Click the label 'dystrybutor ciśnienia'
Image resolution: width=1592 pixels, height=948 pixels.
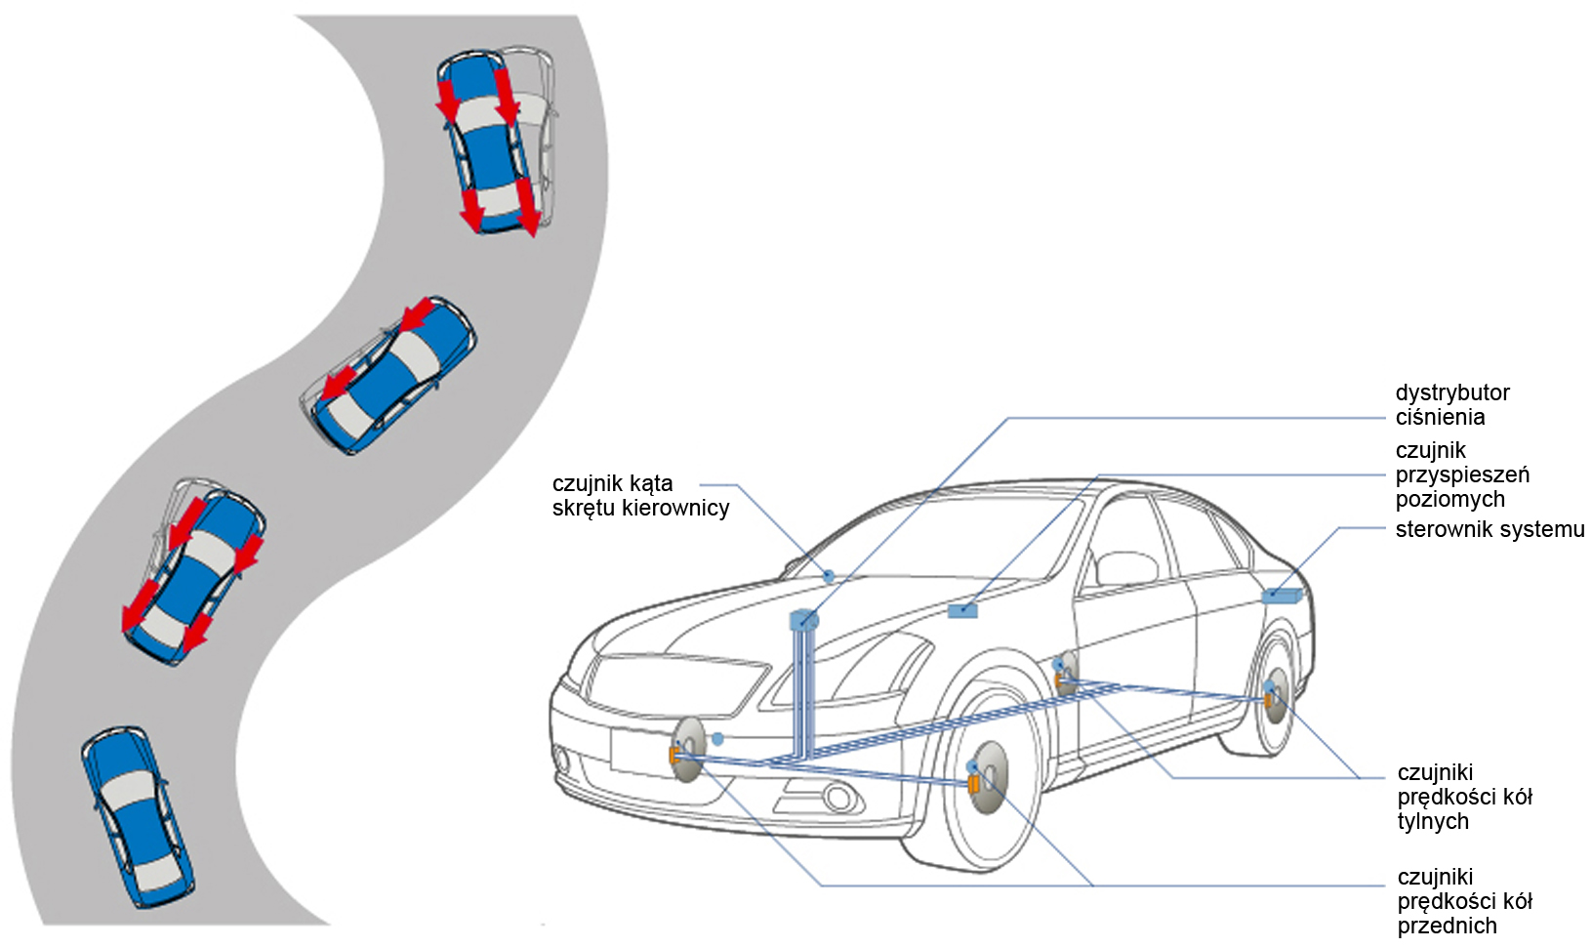1451,405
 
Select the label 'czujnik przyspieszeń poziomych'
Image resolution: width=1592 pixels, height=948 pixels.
1461,474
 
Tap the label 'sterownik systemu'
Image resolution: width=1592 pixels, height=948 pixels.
1489,529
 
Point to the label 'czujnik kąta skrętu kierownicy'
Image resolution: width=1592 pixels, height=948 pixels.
639,495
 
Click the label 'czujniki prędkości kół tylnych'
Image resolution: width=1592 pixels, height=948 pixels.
1463,797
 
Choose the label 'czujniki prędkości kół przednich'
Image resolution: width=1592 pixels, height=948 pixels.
1463,901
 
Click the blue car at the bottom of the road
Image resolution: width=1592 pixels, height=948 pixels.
137,816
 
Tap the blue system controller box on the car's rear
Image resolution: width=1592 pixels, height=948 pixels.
1279,595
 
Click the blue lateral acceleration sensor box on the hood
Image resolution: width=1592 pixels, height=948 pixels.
962,611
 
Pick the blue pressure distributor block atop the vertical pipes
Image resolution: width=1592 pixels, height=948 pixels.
803,619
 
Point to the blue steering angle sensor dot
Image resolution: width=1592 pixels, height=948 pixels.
829,576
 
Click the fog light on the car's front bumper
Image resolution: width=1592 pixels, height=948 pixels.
837,798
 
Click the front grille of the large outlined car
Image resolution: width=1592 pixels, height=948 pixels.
673,683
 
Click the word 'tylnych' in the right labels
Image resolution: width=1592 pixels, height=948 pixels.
1432,821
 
